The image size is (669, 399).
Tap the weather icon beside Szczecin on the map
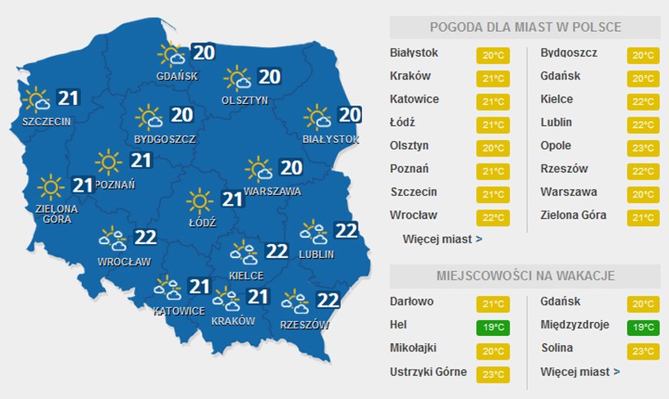click(x=37, y=101)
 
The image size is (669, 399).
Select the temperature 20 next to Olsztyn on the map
click(x=269, y=76)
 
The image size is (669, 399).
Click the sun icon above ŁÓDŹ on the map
click(x=199, y=200)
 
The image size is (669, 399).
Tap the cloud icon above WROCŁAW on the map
click(x=113, y=239)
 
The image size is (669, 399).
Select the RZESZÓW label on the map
click(x=304, y=324)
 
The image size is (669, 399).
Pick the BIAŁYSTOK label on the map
click(x=330, y=139)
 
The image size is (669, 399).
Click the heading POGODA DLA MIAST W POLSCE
click(x=525, y=27)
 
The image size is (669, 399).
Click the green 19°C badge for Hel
click(x=492, y=328)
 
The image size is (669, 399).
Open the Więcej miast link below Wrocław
click(x=442, y=239)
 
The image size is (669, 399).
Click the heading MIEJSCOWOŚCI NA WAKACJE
click(x=525, y=274)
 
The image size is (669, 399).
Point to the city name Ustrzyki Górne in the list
click(x=428, y=372)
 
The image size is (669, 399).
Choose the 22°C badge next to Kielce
click(x=640, y=102)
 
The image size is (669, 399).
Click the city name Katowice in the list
click(x=415, y=99)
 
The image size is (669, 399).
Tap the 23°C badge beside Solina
click(x=640, y=351)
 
